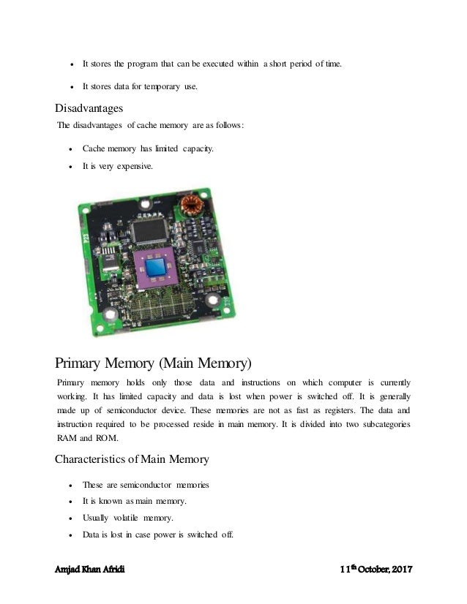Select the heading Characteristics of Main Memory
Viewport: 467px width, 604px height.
(x=132, y=460)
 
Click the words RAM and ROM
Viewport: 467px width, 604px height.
(x=83, y=439)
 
